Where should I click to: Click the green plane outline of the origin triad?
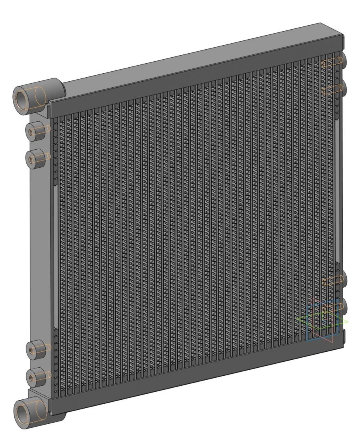pyautogui.click(x=304, y=320)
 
